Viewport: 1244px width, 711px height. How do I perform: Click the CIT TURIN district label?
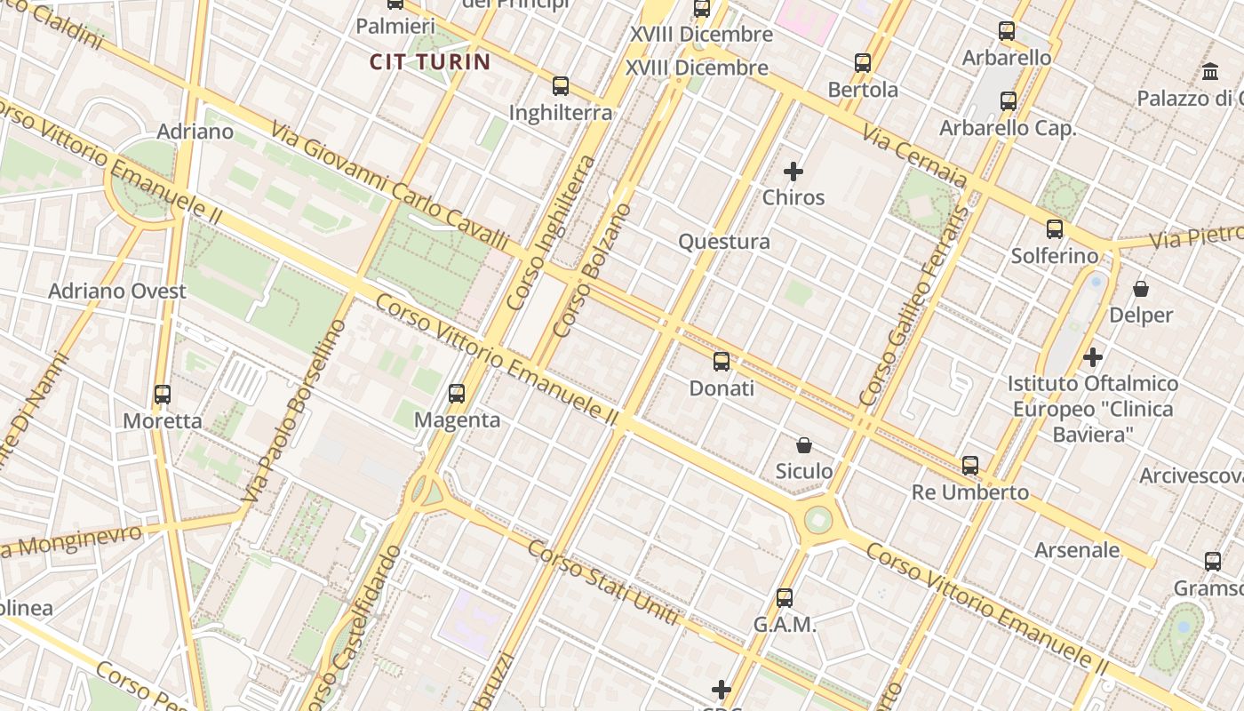point(430,61)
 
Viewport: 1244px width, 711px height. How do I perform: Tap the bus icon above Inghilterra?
point(561,86)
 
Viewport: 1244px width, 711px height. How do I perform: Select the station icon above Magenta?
point(457,393)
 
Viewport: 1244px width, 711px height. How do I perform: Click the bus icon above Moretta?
point(163,394)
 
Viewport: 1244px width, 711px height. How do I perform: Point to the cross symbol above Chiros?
point(793,172)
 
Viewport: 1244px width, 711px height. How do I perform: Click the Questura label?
point(724,242)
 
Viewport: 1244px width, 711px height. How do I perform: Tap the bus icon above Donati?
point(722,362)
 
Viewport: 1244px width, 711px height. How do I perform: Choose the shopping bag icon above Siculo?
point(804,445)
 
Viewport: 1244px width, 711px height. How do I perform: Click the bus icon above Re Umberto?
point(970,466)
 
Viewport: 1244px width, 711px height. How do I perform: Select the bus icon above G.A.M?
point(785,598)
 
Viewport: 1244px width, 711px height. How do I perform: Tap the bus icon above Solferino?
point(1055,229)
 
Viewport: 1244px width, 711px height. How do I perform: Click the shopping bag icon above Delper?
point(1141,289)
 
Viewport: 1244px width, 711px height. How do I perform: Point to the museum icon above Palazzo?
point(1210,71)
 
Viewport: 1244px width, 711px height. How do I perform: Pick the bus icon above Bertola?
point(863,63)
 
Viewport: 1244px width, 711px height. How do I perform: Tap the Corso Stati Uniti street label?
point(603,583)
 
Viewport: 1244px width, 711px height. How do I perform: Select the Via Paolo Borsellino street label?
point(295,411)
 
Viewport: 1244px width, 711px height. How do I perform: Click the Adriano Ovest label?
point(117,292)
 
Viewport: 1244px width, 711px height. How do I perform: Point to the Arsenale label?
point(1077,550)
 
